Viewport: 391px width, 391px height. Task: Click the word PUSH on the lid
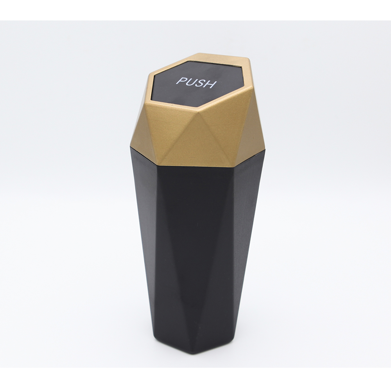pyautogui.click(x=195, y=83)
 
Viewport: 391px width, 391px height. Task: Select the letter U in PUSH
pyautogui.click(x=190, y=82)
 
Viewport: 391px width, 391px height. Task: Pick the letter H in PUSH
pyautogui.click(x=210, y=84)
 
